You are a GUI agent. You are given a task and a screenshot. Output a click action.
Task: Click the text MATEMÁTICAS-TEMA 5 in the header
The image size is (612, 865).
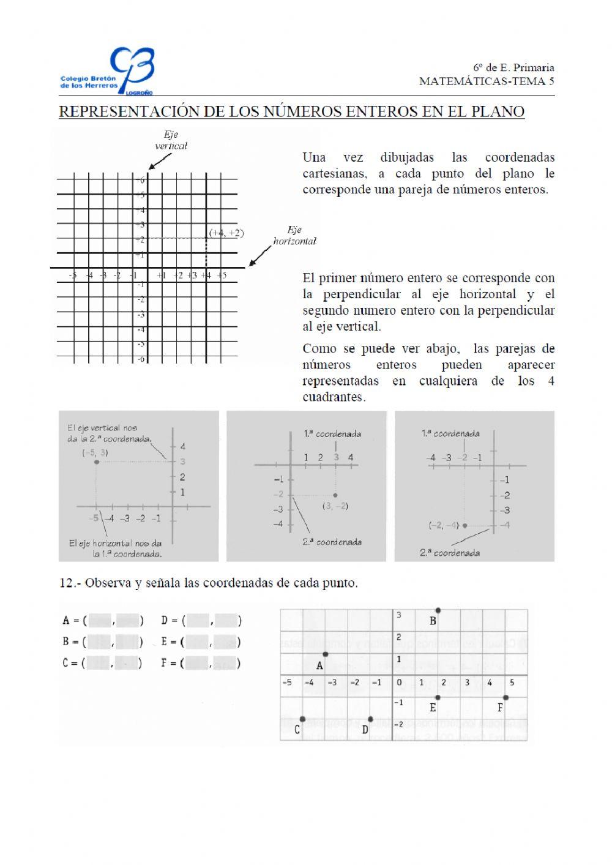487,81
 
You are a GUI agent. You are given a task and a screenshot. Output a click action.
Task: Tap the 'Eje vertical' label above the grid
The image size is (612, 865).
171,140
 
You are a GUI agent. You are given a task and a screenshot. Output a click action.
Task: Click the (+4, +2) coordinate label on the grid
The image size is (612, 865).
226,233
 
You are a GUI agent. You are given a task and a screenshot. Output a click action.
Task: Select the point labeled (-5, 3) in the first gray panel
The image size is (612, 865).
97,462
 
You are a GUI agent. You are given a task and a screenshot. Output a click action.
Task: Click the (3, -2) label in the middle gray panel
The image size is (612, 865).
335,506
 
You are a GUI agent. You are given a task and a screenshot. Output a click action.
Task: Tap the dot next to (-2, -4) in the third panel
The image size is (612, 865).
465,525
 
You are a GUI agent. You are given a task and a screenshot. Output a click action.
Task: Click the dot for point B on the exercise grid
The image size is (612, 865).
438,610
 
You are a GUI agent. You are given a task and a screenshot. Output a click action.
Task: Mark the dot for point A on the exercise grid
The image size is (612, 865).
325,654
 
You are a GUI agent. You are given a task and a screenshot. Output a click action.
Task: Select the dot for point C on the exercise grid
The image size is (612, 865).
302,719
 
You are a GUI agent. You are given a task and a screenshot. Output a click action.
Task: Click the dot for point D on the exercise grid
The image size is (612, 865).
370,719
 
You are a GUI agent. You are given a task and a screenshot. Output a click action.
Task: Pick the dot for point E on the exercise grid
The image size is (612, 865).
438,697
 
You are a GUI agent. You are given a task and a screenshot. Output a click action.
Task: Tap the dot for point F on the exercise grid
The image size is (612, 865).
506,697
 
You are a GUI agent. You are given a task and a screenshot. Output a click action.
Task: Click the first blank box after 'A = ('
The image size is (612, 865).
100,621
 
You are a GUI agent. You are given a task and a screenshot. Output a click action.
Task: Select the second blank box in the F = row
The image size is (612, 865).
226,663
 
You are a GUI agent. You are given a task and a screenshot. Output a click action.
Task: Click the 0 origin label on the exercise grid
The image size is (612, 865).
399,683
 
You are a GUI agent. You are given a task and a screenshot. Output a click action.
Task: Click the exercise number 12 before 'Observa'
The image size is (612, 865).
66,583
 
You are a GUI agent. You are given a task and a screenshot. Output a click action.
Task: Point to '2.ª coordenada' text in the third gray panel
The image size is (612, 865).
450,553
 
